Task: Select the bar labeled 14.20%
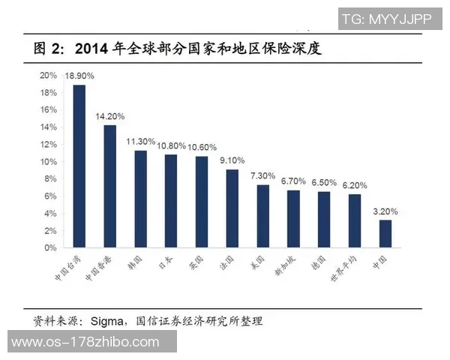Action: [x=109, y=186]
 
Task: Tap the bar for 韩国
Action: [x=140, y=199]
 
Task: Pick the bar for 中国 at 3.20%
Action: [x=385, y=233]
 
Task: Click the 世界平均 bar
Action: [x=354, y=220]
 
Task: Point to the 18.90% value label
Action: [x=79, y=76]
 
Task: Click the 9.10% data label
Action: [x=232, y=160]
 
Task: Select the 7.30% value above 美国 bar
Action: [x=262, y=175]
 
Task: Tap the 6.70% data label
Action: [x=293, y=181]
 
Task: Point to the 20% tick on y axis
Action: [x=49, y=76]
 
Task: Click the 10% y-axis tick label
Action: [x=49, y=161]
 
